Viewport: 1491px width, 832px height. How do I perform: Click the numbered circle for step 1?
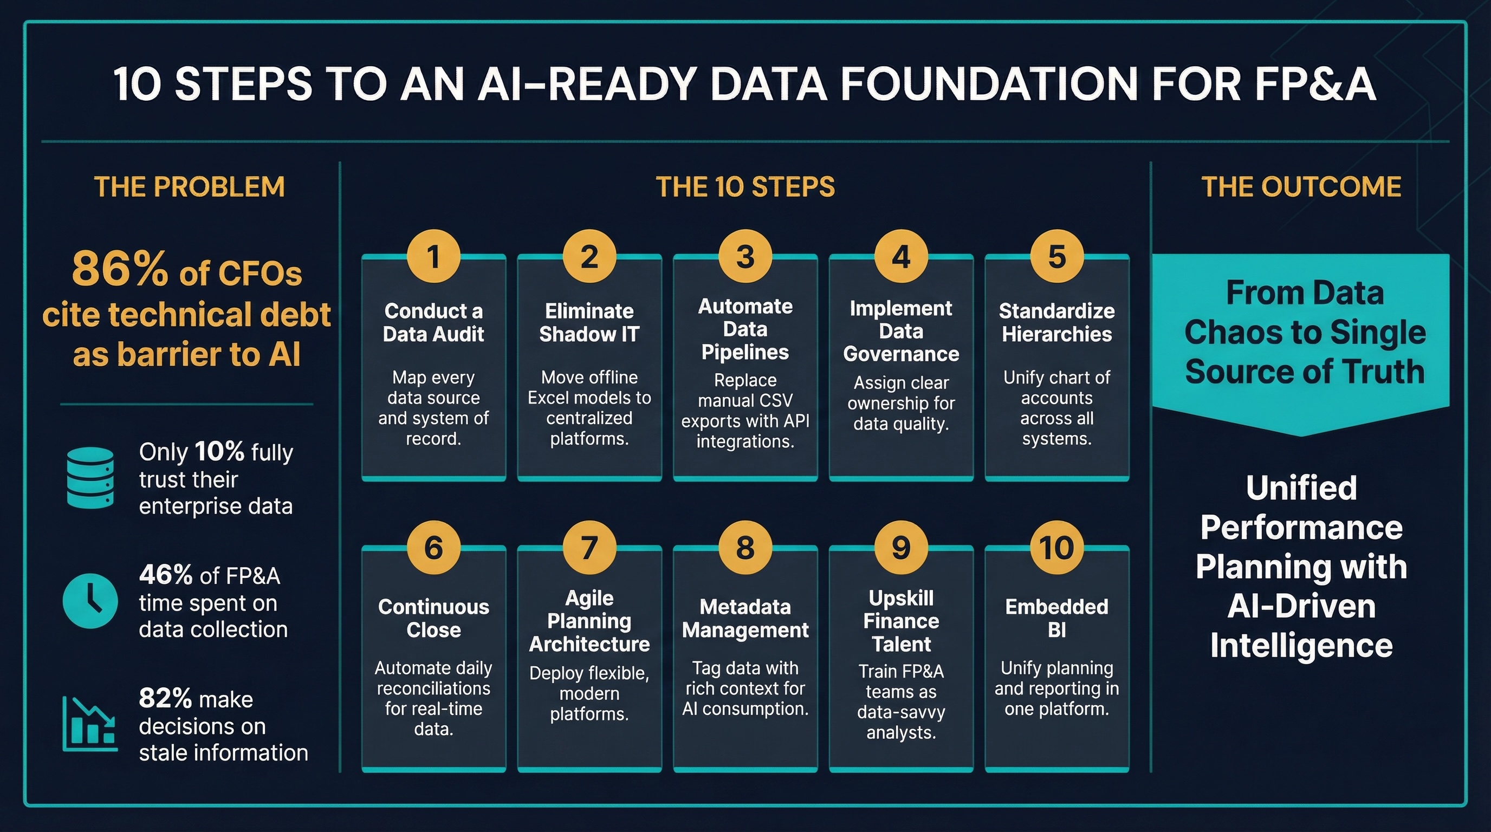click(x=433, y=256)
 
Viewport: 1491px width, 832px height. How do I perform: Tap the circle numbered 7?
click(x=589, y=547)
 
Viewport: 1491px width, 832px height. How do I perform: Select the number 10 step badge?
click(x=1056, y=547)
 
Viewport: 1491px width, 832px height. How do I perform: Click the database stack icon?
click(x=90, y=478)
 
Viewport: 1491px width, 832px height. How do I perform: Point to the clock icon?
click(x=90, y=601)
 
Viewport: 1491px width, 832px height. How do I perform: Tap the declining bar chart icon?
click(x=90, y=724)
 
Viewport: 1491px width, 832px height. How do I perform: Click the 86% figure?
click(x=120, y=270)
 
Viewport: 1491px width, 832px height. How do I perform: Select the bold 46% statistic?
click(x=166, y=575)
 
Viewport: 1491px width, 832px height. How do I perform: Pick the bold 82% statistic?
click(x=166, y=698)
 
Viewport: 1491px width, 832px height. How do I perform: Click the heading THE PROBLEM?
click(x=189, y=187)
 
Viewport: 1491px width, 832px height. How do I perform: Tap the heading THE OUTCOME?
click(x=1301, y=187)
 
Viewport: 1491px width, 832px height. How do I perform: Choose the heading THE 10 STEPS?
click(x=745, y=187)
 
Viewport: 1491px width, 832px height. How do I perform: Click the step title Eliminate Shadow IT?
click(x=589, y=322)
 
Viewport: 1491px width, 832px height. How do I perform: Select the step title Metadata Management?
click(x=745, y=618)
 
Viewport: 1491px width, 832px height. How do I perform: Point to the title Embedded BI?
click(x=1056, y=618)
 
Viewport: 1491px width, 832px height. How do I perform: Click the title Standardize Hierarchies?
click(x=1056, y=322)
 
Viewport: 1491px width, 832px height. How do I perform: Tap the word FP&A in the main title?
click(x=1315, y=84)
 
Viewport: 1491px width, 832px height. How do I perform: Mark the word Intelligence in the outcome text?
click(x=1301, y=646)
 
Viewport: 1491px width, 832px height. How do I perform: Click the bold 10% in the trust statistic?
click(x=219, y=452)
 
